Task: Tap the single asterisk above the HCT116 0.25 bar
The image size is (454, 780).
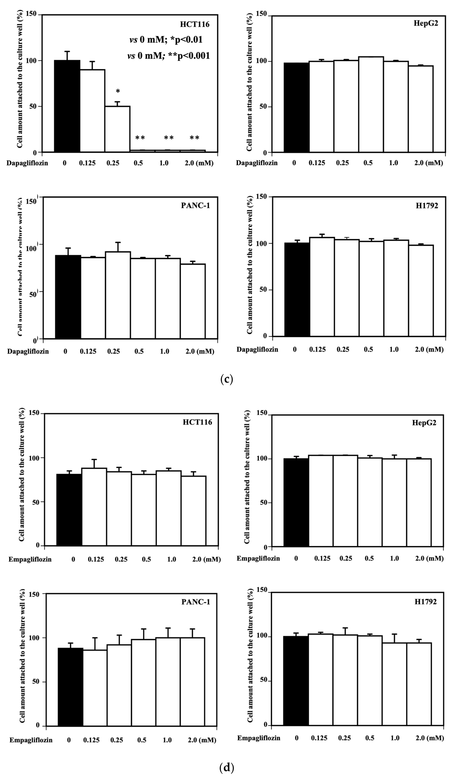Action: point(118,91)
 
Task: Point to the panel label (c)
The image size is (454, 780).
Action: point(226,379)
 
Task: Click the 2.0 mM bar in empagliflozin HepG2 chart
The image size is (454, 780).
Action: point(419,503)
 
